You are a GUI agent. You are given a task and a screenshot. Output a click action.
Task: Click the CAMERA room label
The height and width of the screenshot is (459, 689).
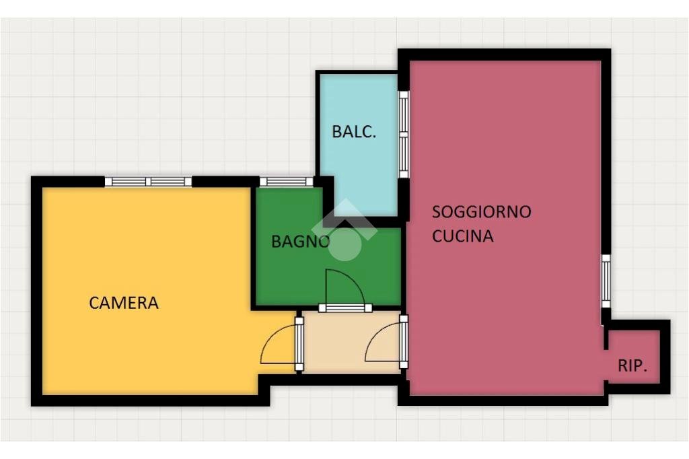[124, 303]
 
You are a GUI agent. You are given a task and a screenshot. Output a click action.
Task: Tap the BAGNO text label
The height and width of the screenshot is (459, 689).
[300, 242]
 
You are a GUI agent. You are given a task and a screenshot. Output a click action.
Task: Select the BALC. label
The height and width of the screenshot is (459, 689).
[354, 132]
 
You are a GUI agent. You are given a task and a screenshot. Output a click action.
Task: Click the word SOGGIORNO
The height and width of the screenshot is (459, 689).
[481, 212]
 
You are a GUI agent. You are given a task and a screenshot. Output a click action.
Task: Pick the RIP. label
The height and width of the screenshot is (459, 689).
[632, 367]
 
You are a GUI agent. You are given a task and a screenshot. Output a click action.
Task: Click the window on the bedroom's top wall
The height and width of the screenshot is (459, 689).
[148, 181]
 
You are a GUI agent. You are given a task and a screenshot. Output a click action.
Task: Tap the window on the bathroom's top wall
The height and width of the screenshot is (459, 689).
[286, 181]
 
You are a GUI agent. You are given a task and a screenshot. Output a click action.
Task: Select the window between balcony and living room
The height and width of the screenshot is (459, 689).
[404, 135]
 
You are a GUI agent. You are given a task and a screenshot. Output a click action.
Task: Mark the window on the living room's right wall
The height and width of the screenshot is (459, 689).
[606, 280]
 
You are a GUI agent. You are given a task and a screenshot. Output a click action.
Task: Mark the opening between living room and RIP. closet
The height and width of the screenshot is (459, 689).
[605, 357]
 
